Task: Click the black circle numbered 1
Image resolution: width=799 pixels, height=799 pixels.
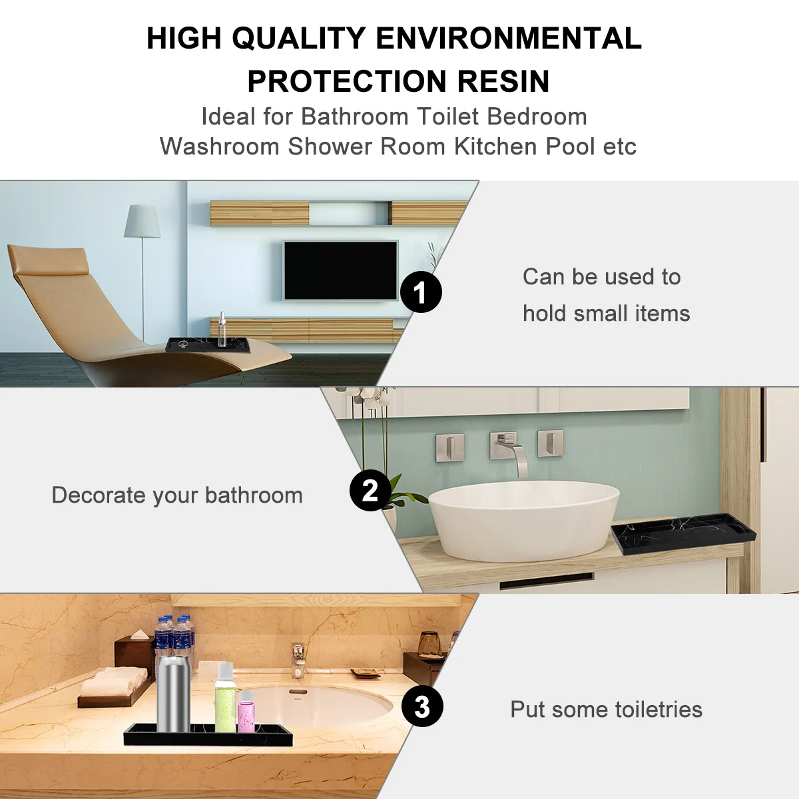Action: coord(421,292)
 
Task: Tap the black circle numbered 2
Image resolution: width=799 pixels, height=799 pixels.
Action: coord(370,491)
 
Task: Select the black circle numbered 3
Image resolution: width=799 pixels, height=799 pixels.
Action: coord(422,706)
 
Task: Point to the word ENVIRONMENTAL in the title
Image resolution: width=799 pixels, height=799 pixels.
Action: coord(509,39)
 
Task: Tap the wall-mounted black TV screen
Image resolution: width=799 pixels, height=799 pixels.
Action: coord(341,270)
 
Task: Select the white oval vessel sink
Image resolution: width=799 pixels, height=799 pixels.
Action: coord(523,519)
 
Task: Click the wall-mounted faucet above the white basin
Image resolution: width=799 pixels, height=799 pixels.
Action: coord(513,453)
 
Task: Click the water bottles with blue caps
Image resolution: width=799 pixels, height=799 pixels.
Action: coord(174,636)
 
